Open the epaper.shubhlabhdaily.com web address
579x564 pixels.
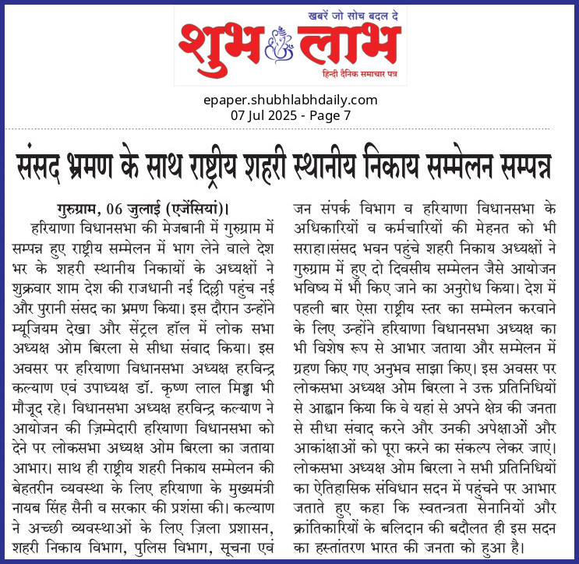pos(289,100)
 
